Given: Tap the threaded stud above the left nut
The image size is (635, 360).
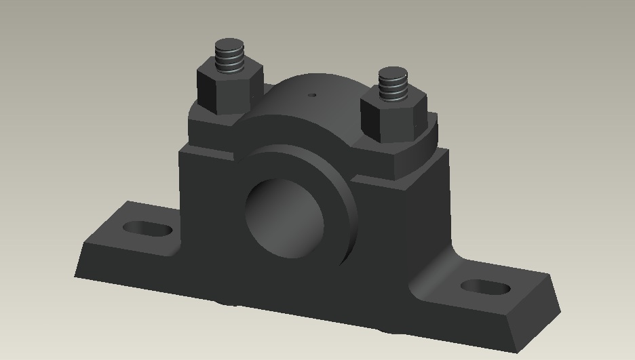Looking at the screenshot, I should click(229, 58).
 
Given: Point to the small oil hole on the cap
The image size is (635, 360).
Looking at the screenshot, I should click(312, 96).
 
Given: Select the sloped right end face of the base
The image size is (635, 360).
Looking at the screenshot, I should click(543, 305).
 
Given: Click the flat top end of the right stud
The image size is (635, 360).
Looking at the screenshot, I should click(392, 72).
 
